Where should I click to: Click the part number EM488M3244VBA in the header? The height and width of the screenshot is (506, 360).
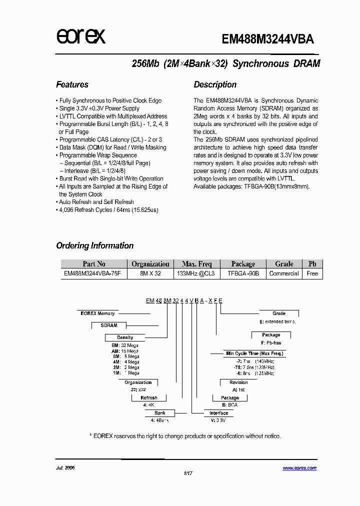coord(267,39)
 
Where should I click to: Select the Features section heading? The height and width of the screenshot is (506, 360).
coord(72,84)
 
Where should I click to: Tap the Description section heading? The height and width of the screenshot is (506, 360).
coord(215,84)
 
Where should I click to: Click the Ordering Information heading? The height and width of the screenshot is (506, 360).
coord(94,245)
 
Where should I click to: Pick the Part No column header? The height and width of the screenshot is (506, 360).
coord(94,264)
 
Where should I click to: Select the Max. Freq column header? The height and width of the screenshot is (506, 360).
coord(196,264)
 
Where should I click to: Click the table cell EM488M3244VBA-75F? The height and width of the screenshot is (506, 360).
coord(92,273)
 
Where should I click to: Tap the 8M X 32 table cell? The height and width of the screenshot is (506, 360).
coord(150,273)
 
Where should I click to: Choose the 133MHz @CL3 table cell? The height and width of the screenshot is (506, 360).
coord(196,273)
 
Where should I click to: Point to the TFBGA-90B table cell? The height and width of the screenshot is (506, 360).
coord(243,273)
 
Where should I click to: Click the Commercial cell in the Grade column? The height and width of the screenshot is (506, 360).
coord(284,273)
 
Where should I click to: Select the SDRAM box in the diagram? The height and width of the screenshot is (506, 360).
coord(109,325)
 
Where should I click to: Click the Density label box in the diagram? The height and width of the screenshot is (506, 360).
coord(125,337)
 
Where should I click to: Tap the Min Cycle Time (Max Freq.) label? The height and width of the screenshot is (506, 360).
coord(254,353)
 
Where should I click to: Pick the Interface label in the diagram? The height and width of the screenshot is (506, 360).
coord(218,413)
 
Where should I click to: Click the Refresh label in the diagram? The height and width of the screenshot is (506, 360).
coord(148,398)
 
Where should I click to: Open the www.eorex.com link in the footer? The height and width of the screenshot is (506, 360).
coord(299,468)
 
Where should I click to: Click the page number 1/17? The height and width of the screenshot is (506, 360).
coord(188,473)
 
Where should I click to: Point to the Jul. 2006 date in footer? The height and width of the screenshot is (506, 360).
coord(65,468)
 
